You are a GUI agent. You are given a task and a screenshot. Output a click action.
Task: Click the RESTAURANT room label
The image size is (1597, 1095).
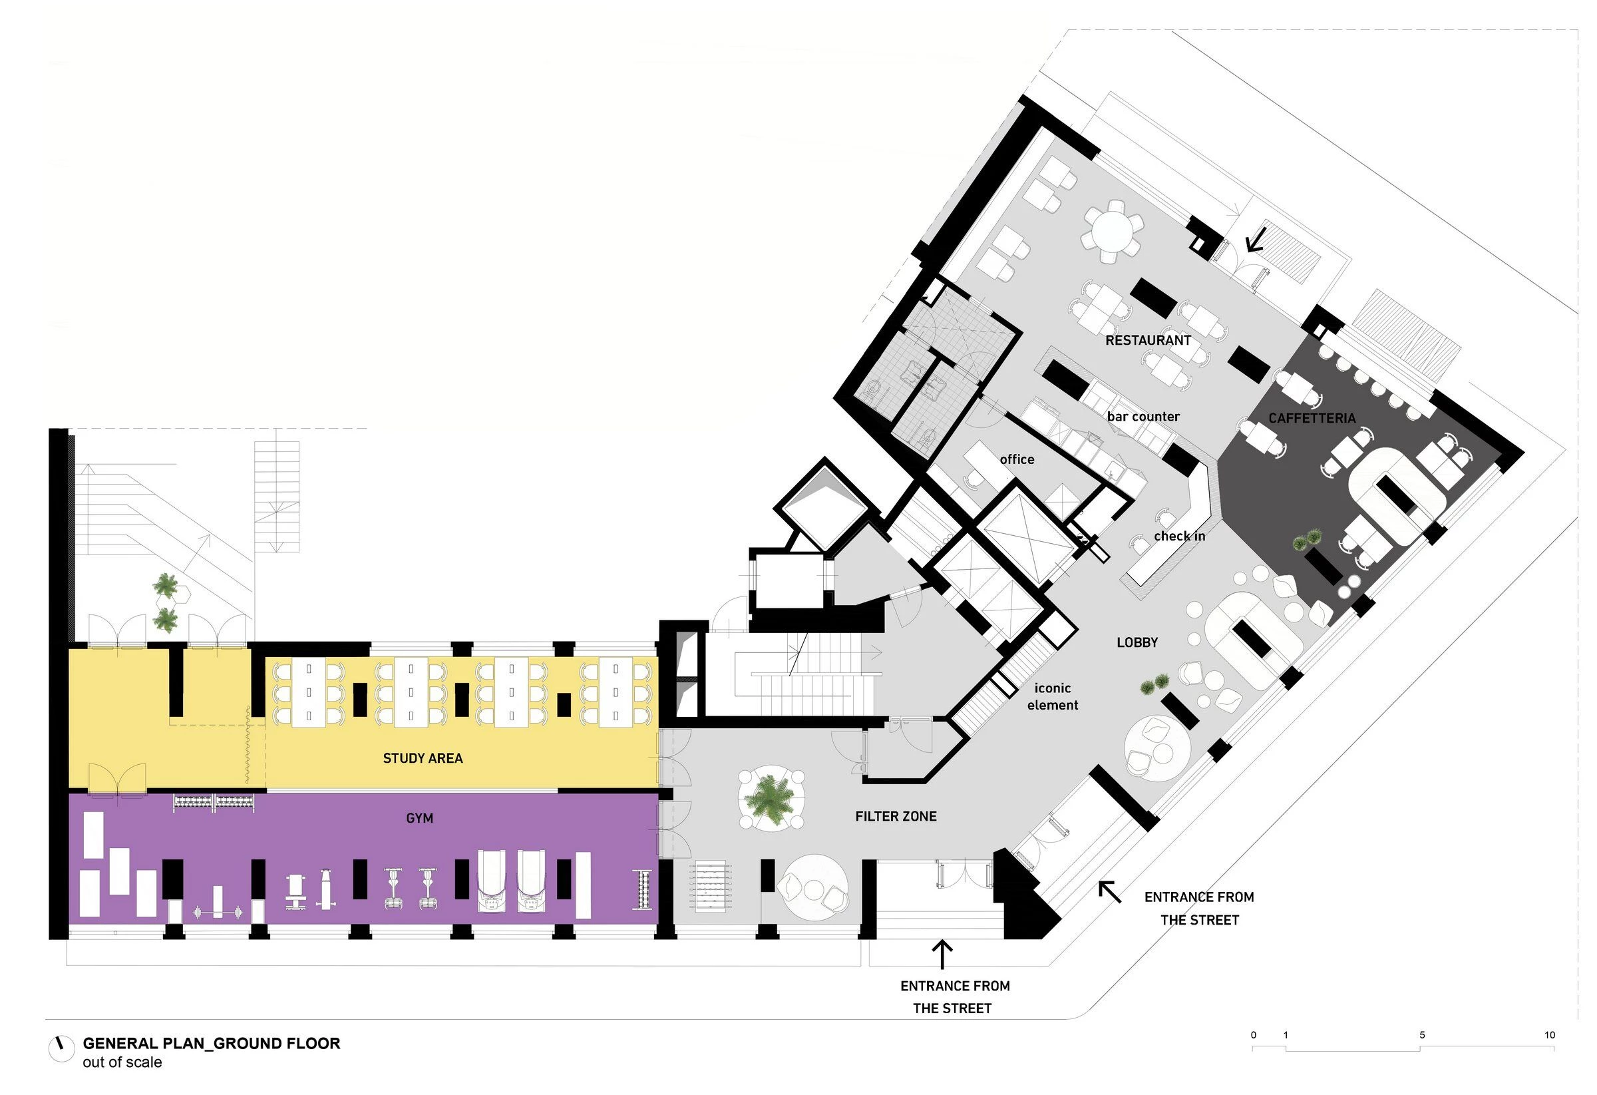[x=1148, y=340]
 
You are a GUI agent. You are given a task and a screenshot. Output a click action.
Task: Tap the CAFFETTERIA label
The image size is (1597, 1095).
[x=1311, y=418]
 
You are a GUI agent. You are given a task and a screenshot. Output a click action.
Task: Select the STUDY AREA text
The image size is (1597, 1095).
[x=423, y=758]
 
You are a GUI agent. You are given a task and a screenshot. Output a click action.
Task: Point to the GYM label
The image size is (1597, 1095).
[x=419, y=818]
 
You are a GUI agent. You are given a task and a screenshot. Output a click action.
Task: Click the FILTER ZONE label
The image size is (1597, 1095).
[x=896, y=816]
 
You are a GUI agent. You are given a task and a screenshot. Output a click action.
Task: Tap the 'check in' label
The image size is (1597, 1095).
[x=1179, y=536]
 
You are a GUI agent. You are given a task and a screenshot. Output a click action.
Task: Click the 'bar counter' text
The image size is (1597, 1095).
[x=1143, y=417]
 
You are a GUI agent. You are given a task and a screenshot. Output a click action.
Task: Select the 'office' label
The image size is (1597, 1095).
[x=1017, y=459]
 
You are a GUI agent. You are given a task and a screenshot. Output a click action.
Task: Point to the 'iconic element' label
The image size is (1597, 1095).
[x=1053, y=696]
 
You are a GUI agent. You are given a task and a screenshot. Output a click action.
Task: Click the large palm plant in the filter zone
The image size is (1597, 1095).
[x=772, y=800]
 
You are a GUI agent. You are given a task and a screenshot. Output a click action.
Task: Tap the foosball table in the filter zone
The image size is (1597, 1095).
[x=709, y=887]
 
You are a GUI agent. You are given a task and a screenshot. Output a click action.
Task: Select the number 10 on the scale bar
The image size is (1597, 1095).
[x=1550, y=1035]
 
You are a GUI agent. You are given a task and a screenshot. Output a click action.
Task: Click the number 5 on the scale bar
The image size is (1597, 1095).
[x=1422, y=1035]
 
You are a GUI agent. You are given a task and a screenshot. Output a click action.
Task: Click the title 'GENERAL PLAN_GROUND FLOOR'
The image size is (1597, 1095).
[x=211, y=1044]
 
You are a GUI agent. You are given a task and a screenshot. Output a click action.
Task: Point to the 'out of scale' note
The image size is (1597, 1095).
[x=122, y=1062]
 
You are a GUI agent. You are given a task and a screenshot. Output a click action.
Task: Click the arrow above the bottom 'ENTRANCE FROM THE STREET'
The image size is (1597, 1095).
[x=942, y=955]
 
